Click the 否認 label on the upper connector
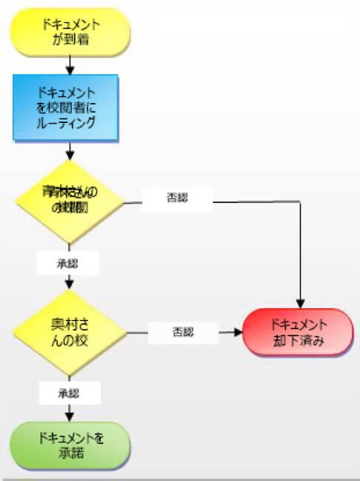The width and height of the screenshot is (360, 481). [178, 199]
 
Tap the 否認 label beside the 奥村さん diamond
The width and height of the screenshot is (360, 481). [182, 333]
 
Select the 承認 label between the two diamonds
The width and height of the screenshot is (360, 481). [69, 263]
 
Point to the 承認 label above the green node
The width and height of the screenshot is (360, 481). [69, 393]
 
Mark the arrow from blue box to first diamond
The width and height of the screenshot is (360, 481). [70, 151]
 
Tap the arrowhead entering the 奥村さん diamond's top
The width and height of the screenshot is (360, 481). [70, 285]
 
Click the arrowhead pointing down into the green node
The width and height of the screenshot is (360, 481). [70, 417]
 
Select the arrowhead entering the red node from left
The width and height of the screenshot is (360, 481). [239, 333]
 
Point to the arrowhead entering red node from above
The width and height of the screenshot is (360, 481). [300, 303]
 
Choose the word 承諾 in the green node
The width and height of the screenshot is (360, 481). [70, 452]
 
